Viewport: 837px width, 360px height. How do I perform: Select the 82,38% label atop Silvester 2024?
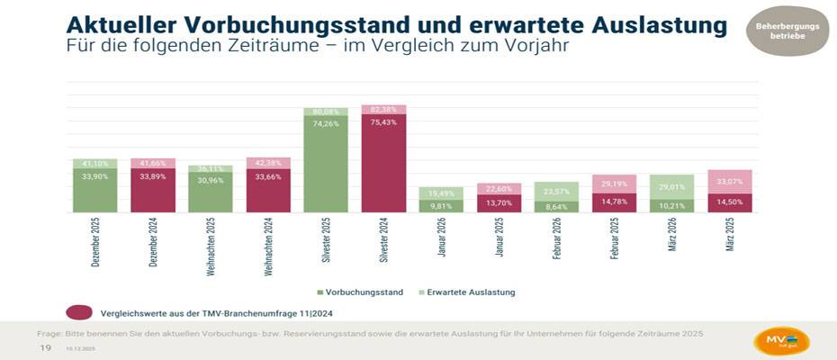pyautogui.click(x=383, y=109)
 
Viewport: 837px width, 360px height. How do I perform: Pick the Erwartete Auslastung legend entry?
pyautogui.click(x=467, y=292)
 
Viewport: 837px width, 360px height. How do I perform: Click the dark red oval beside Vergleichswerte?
pyautogui.click(x=80, y=311)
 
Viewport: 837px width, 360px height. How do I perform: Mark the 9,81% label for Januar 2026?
pyautogui.click(x=441, y=206)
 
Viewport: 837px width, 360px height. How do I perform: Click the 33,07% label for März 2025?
pyautogui.click(x=729, y=181)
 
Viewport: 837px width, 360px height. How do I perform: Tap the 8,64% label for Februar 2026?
pyautogui.click(x=556, y=206)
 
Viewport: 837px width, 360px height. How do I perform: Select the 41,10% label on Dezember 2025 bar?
pyautogui.click(x=95, y=164)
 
